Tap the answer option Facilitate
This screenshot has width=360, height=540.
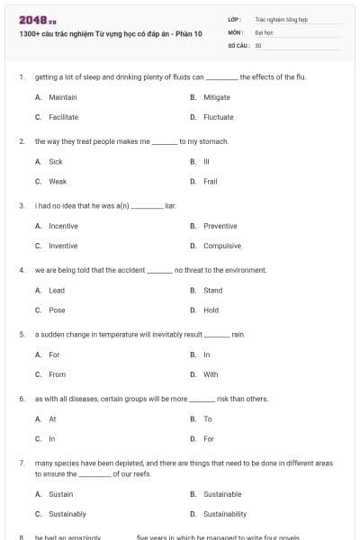point(63,117)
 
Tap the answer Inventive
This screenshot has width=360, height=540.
point(63,246)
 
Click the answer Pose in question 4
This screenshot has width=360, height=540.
point(57,310)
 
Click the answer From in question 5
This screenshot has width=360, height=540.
point(58,374)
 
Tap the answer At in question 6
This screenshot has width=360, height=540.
point(52,419)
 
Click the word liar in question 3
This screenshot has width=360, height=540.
point(170,206)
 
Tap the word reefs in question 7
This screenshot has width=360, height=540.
point(147,473)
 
